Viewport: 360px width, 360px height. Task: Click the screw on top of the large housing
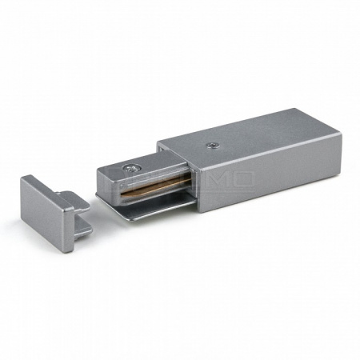tap(212, 146)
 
